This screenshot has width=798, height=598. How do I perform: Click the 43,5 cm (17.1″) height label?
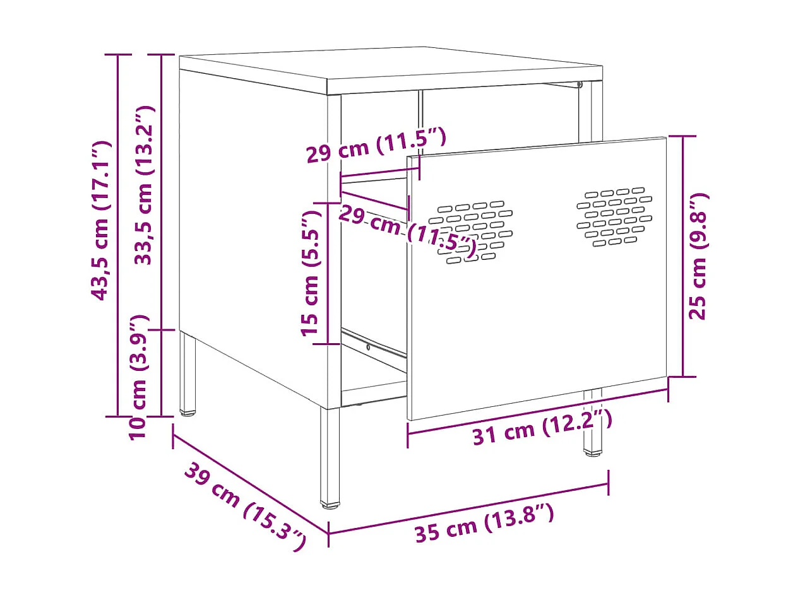click(x=101, y=221)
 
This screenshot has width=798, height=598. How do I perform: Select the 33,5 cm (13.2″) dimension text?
click(x=145, y=185)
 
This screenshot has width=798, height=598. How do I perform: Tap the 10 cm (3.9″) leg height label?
click(x=138, y=377)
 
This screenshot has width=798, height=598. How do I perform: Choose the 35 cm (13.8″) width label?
click(x=484, y=523)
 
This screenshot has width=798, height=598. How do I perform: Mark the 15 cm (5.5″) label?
click(x=312, y=273)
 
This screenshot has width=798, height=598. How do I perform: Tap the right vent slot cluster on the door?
click(x=614, y=216)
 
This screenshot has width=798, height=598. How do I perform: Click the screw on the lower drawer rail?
click(x=368, y=346)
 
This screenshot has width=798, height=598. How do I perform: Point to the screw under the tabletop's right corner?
click(x=578, y=84)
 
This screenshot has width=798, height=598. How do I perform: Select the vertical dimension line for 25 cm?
click(x=682, y=256)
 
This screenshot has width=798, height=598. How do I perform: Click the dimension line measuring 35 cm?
click(x=468, y=509)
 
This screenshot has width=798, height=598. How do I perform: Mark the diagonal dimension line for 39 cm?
click(x=250, y=482)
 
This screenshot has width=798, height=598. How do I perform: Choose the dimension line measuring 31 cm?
click(x=537, y=410)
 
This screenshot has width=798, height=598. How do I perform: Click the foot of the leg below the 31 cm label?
click(x=592, y=452)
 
